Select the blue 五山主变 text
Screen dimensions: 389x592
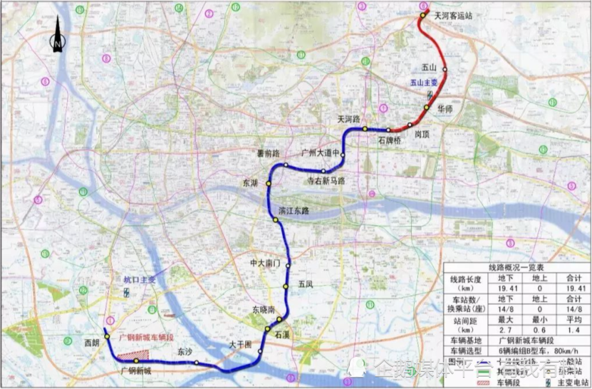424,84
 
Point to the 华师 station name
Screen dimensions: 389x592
445,110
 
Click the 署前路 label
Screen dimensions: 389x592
268,153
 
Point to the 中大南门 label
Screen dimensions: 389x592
265,262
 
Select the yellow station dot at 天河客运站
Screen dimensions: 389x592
423,15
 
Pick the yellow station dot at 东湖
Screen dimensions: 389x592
268,184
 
